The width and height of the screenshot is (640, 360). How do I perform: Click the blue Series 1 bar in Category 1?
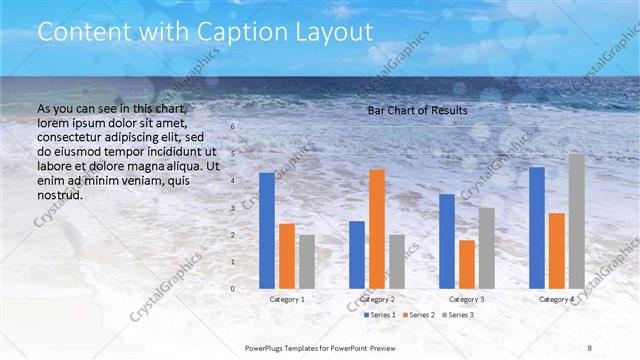coord(267,231)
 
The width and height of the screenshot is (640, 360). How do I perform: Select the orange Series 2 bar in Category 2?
coord(377,229)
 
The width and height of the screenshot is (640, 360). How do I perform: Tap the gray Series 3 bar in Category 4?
coord(577,221)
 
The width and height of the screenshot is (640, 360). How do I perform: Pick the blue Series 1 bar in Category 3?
coord(447,241)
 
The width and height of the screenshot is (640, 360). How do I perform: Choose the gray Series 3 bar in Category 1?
coord(307,262)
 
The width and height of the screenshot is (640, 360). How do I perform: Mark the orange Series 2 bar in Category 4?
coord(557,251)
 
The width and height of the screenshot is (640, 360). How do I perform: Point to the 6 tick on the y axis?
coord(233,127)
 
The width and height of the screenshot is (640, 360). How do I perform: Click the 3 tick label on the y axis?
coord(233,208)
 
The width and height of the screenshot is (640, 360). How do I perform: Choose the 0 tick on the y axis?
coord(233,289)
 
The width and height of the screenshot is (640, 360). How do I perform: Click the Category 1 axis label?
coord(288,299)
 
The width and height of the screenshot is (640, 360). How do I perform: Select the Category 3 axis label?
coord(467,299)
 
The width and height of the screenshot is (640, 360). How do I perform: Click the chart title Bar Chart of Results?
coord(417,109)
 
